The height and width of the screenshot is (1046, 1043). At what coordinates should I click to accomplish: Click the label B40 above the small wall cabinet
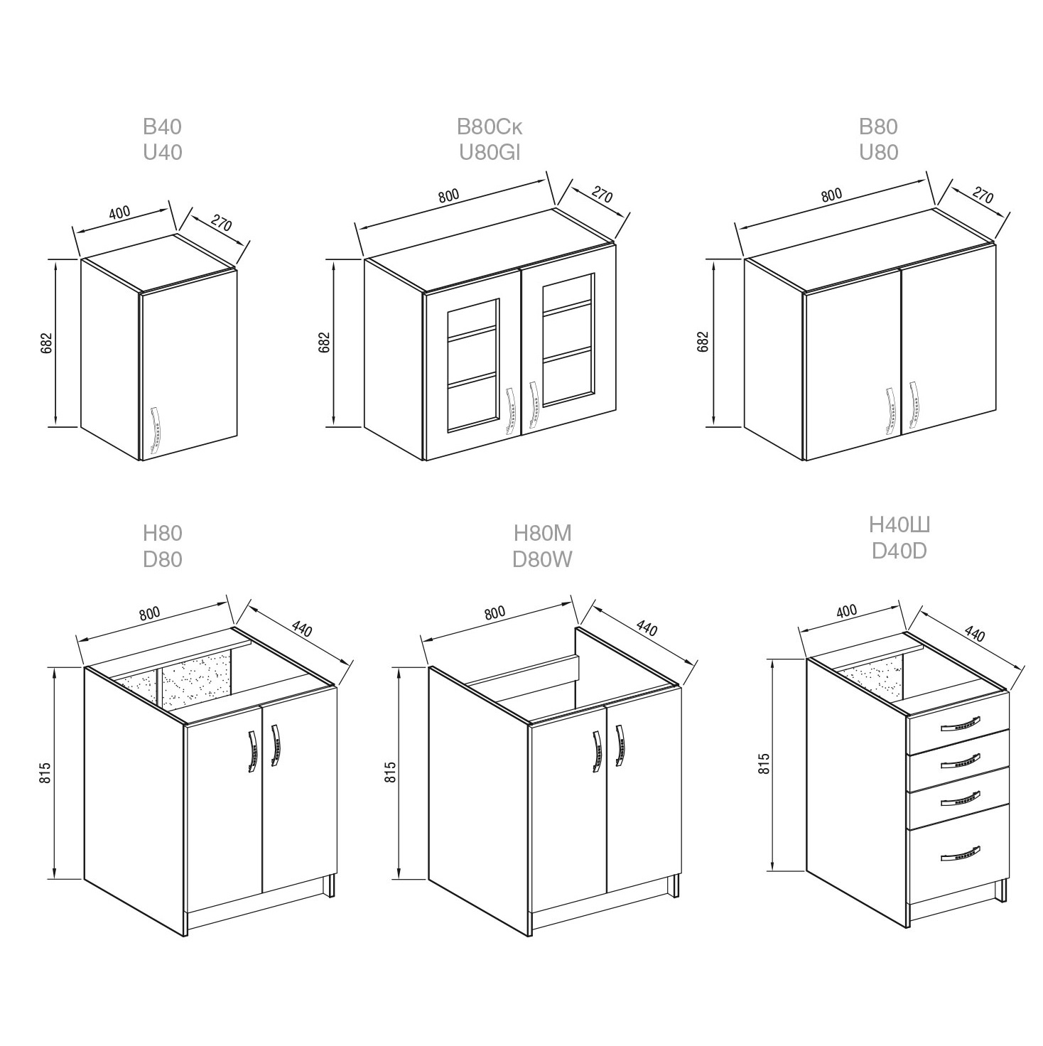click(162, 127)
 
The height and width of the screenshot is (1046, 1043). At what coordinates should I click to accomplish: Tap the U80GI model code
click(490, 153)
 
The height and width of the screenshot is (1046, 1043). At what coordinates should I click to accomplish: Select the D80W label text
click(542, 560)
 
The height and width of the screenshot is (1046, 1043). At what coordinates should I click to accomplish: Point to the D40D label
click(899, 551)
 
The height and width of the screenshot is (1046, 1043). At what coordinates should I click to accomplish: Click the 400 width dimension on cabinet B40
click(119, 212)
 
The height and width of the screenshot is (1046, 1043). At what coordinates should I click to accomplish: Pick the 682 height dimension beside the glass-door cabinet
click(324, 343)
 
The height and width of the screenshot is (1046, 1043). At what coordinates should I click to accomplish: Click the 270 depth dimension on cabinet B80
click(982, 195)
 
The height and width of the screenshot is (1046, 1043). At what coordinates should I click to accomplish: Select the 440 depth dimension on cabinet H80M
click(647, 629)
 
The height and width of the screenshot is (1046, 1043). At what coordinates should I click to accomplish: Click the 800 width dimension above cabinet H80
click(150, 613)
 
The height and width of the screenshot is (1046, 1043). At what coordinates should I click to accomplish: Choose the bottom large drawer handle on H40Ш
click(960, 868)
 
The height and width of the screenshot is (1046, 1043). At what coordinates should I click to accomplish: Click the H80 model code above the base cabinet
click(162, 534)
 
